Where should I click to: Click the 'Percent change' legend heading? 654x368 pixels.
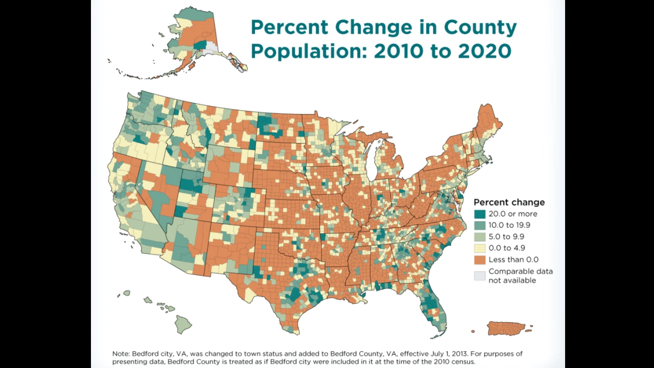(509, 202)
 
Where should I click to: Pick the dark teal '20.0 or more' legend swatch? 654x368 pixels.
(480, 214)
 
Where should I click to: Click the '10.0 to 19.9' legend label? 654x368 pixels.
(509, 225)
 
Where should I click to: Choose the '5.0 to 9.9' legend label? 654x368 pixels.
(506, 237)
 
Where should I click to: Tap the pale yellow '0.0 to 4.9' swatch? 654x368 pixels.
(480, 248)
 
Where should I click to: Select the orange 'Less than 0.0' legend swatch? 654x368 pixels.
(480, 260)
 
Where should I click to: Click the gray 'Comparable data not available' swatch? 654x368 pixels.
(480, 276)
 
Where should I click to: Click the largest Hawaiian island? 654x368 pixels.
(183, 324)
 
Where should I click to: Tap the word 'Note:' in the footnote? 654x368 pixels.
(121, 354)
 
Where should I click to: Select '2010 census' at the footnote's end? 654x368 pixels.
(454, 362)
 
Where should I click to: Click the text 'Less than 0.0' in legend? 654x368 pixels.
(513, 260)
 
